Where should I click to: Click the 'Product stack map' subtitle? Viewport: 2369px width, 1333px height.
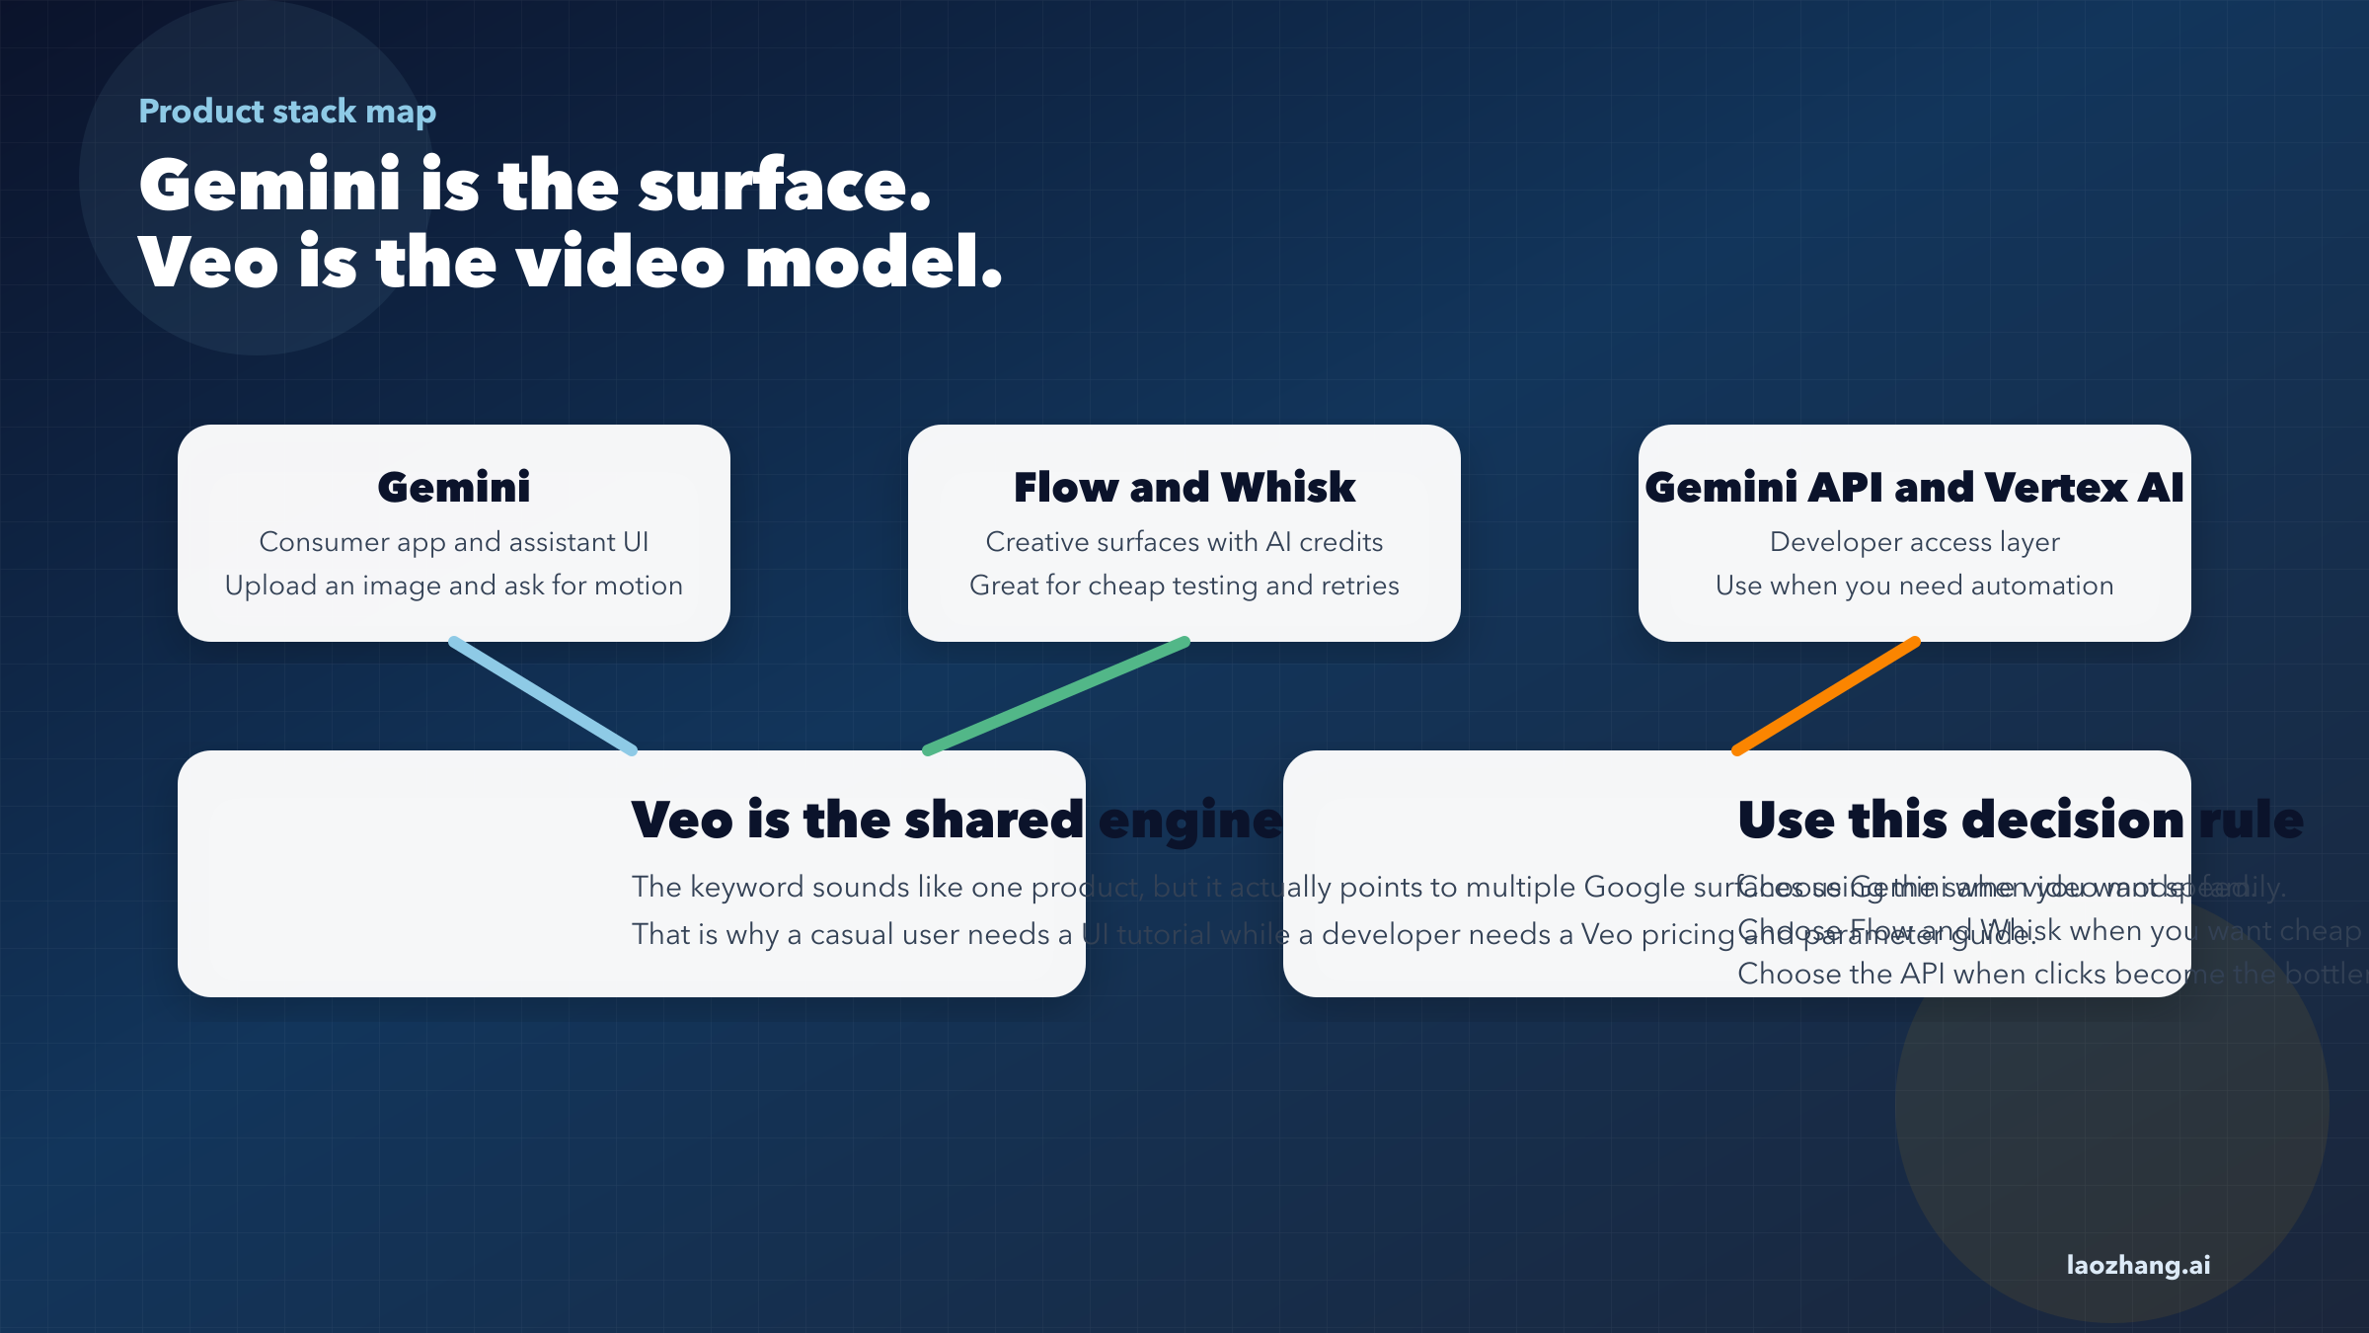point(286,112)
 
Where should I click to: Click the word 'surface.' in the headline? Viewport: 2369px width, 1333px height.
point(785,186)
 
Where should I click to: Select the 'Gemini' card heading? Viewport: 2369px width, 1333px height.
point(454,487)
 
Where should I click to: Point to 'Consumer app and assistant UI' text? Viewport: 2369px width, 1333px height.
point(454,542)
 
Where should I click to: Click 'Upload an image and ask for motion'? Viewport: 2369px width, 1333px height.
point(454,586)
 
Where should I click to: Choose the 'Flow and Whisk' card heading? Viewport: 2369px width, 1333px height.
point(1184,487)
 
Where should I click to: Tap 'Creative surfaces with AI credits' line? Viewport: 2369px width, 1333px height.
point(1184,542)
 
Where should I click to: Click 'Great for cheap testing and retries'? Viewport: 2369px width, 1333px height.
point(1184,586)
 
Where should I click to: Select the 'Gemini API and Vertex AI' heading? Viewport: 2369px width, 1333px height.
point(1915,487)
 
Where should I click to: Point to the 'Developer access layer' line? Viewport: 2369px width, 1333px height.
point(1915,542)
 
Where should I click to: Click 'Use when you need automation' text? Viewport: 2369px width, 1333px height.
point(1915,586)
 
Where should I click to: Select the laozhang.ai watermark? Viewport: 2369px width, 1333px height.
point(2138,1265)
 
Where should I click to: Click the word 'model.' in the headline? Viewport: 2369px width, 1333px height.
point(875,263)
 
